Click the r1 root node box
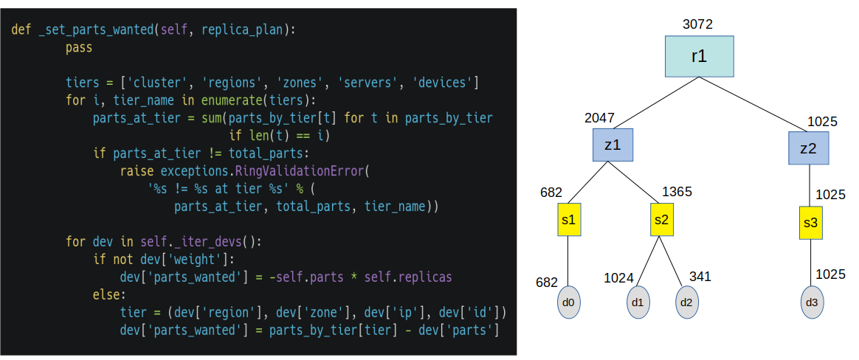[x=699, y=57]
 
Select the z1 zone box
[x=612, y=145]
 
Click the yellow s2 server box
[x=662, y=221]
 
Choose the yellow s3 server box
[x=810, y=223]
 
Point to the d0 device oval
[x=568, y=303]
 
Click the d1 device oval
[x=638, y=303]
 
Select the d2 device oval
[x=686, y=303]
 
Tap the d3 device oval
[x=811, y=303]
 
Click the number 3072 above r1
[x=697, y=24]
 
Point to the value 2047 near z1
[x=599, y=118]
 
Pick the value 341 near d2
[x=700, y=276]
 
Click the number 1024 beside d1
[x=618, y=277]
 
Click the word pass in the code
[x=79, y=48]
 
